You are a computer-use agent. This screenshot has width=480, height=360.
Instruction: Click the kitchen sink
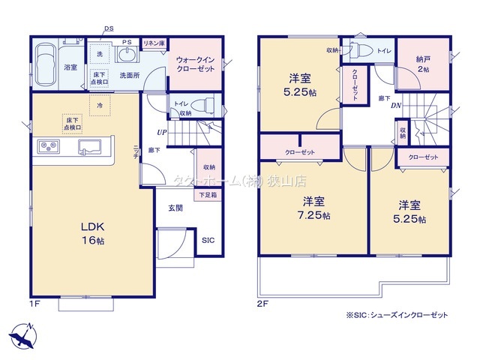91,146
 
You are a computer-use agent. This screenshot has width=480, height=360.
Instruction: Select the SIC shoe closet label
208,241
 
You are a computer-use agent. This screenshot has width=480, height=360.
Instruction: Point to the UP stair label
161,133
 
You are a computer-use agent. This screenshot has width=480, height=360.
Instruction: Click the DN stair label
395,106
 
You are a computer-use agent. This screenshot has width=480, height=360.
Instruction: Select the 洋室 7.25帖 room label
314,208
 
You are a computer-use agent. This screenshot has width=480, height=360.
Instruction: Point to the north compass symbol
24,334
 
